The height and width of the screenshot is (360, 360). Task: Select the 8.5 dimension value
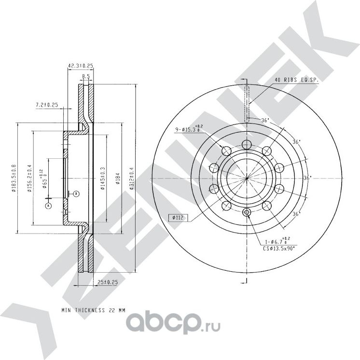pyautogui.click(x=85, y=76)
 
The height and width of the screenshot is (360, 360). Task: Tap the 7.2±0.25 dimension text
pyautogui.click(x=47, y=104)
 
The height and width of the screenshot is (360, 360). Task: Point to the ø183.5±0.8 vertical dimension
pyautogui.click(x=14, y=179)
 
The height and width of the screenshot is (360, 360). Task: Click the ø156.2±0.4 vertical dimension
pyautogui.click(x=30, y=179)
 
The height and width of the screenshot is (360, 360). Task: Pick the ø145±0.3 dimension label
pyautogui.click(x=102, y=179)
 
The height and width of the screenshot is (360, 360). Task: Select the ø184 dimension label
pyautogui.click(x=117, y=179)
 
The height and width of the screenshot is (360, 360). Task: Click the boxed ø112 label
pyautogui.click(x=178, y=218)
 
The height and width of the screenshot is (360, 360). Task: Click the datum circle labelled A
pyautogui.click(x=48, y=206)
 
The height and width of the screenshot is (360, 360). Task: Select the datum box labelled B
pyautogui.click(x=76, y=194)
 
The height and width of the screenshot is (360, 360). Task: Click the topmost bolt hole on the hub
pyautogui.click(x=247, y=145)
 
